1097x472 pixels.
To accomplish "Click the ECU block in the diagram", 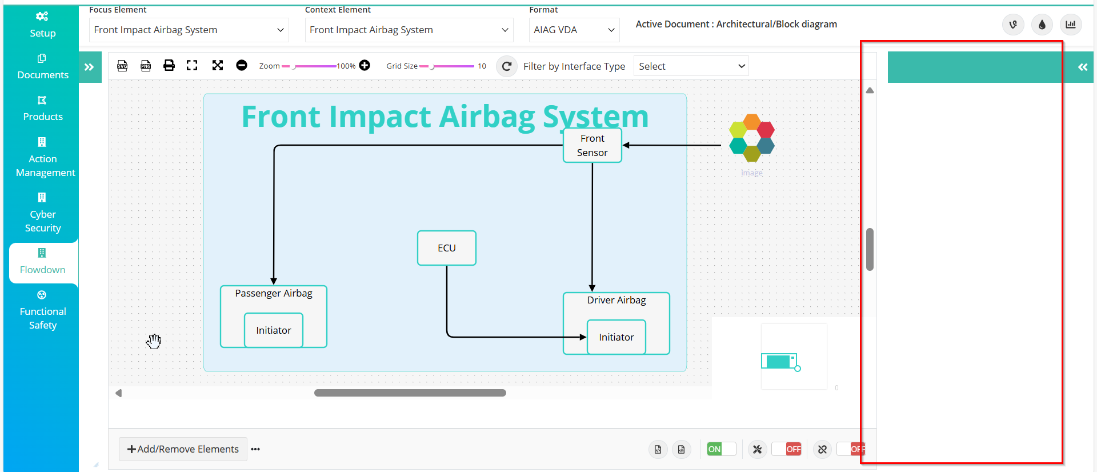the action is point(447,248).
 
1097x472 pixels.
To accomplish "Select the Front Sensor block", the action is point(592,146).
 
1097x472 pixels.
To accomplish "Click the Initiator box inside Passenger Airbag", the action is point(274,330).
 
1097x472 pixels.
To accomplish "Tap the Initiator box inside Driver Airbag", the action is point(616,337).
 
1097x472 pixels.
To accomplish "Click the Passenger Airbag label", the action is point(274,293).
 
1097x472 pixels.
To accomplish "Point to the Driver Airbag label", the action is point(616,300).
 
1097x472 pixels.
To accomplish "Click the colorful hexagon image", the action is point(752,138).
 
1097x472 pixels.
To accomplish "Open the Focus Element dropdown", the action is point(189,30).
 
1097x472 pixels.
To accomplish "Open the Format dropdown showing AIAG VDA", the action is point(574,30).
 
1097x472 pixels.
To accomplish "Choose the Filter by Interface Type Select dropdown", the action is point(691,66).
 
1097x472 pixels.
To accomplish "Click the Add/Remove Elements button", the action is point(183,449).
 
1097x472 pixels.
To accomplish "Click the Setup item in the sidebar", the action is point(42,25).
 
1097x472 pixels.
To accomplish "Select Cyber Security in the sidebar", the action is point(43,213).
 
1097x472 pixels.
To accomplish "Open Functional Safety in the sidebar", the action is point(43,310).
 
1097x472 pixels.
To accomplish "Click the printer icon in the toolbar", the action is point(169,65).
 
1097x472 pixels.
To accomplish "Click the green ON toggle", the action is point(721,449).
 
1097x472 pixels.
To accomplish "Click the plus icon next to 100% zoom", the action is point(365,65).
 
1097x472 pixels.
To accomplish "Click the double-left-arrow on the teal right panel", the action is point(1083,67).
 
